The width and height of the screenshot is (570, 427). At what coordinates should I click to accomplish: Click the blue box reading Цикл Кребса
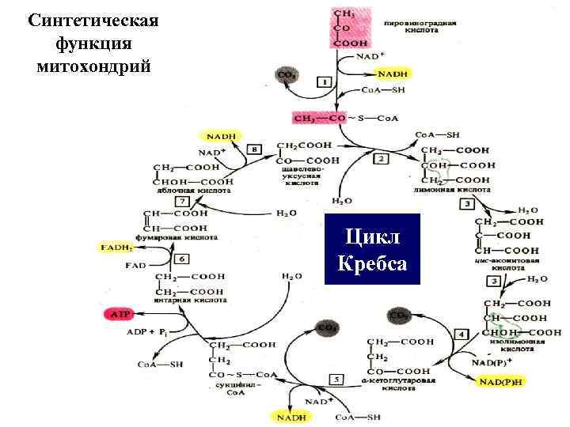coord(372,248)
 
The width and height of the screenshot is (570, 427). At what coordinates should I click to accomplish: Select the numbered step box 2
coord(381,159)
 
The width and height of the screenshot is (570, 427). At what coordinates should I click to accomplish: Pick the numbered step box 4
coord(462,334)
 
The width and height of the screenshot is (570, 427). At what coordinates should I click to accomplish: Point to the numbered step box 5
coord(336,380)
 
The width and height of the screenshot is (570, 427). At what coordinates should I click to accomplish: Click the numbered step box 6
coord(182,259)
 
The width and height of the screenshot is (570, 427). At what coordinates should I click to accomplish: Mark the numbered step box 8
coord(254,149)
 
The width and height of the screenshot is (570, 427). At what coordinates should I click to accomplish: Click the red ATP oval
coord(119,314)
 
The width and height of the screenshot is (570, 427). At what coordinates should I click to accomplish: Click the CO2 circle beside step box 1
coord(287,75)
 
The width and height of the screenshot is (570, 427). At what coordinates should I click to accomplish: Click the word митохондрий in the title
coord(93,64)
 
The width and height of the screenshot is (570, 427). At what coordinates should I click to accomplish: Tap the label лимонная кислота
coord(452,191)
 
